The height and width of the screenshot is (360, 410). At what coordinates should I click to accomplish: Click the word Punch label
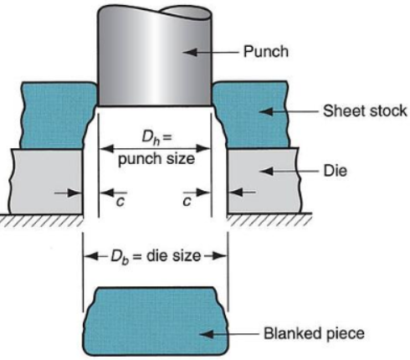pos(266,52)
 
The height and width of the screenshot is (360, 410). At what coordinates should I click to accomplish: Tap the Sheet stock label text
pos(365,111)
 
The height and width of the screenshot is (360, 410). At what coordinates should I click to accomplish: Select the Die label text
pos(336,171)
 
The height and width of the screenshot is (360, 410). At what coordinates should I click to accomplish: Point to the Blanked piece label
pos(314,333)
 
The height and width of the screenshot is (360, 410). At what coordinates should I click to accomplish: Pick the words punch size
pos(156,160)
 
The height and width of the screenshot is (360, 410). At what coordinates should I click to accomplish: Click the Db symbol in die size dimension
pos(120,256)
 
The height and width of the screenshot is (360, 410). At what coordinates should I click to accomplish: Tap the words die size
pos(173,255)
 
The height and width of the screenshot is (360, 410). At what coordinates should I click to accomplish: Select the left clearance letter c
pos(120,202)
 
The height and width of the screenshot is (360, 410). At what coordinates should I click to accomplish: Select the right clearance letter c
pos(187,202)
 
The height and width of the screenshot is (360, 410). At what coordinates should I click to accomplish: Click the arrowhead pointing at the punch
pos(190,52)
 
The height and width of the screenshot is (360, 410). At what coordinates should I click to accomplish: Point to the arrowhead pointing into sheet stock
pos(266,111)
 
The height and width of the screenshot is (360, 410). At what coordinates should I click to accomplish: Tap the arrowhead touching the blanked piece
pos(207,334)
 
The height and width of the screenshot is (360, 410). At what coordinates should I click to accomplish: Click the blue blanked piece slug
pos(156,321)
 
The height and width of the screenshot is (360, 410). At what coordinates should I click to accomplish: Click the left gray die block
pos(46,182)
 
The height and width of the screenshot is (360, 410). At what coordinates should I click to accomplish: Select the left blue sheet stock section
pos(57,115)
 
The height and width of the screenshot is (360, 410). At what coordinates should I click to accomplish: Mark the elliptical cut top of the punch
pos(186,13)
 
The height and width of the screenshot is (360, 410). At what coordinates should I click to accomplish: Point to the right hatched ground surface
pos(269,219)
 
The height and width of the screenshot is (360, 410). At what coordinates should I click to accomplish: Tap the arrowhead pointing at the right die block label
pos(266,171)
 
